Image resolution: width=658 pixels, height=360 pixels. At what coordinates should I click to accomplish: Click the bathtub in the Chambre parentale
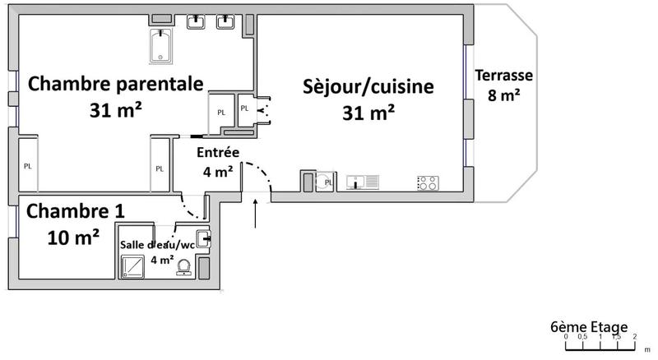click(160, 46)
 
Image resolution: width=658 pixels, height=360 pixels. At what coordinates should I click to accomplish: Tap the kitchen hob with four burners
click(428, 182)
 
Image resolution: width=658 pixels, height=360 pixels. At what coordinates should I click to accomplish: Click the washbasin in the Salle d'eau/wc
click(203, 240)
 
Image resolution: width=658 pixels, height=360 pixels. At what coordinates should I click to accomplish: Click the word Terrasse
click(504, 76)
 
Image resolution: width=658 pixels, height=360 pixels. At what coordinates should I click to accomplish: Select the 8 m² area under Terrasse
click(504, 95)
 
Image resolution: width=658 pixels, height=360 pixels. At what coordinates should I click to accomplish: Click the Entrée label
click(218, 152)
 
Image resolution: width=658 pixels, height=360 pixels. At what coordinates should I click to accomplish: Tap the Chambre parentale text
click(114, 84)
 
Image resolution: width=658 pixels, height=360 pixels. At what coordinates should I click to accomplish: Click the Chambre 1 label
click(76, 211)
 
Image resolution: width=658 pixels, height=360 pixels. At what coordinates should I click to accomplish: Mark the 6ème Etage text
click(589, 325)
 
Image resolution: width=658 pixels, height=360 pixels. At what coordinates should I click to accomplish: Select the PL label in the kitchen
click(328, 182)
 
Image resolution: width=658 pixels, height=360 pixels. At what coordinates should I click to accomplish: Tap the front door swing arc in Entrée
click(265, 173)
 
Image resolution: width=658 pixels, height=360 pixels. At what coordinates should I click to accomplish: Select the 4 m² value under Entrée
click(218, 171)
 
